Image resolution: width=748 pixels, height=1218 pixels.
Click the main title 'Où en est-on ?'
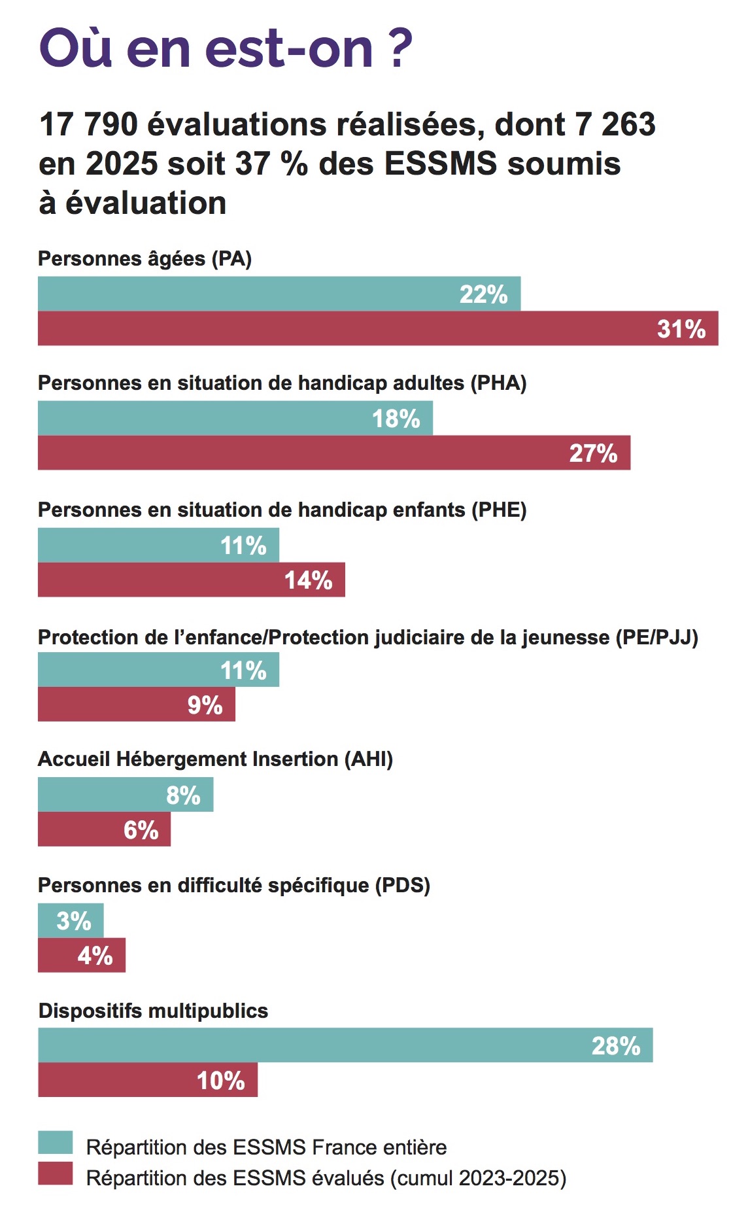(226, 48)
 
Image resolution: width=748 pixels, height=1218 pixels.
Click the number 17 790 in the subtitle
(88, 124)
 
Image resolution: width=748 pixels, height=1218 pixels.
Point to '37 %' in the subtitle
(271, 164)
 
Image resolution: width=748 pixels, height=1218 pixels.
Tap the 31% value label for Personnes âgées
(681, 328)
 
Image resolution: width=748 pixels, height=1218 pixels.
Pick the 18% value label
(396, 419)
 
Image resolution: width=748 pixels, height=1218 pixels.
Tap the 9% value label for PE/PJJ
(205, 705)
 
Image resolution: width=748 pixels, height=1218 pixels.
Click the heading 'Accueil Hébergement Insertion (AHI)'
(215, 759)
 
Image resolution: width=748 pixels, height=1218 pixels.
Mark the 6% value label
(141, 830)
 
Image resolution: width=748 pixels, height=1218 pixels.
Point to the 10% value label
(220, 1081)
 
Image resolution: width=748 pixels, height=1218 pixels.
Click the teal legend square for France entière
(55, 1143)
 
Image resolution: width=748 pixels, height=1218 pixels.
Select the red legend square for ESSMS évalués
(55, 1174)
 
